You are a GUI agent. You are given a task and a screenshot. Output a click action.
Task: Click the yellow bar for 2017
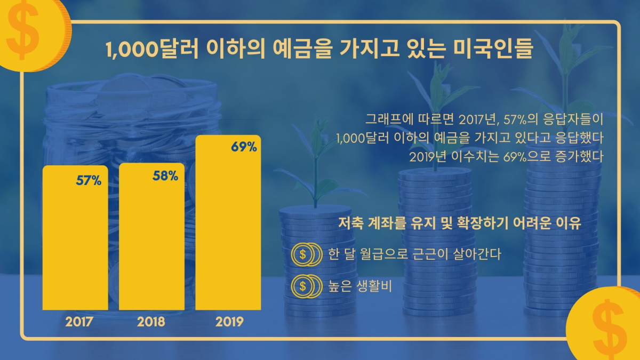point(75,238)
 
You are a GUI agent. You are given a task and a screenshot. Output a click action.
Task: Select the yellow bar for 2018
point(151,237)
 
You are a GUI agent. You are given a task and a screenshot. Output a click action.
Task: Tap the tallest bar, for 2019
point(228,222)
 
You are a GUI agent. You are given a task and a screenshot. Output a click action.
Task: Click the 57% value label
point(89,181)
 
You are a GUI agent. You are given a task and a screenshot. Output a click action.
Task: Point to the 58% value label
point(165,175)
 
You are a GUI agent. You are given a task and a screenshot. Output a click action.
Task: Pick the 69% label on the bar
point(244,147)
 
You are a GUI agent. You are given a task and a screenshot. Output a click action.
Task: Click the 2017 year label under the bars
point(79,322)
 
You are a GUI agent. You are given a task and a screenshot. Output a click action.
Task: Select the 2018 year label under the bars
point(151,322)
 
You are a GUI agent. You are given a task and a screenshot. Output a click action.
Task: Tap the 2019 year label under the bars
point(229,322)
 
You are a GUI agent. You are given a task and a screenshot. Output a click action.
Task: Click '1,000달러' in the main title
point(152,49)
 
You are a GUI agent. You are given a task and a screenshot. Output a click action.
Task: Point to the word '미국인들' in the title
point(493,49)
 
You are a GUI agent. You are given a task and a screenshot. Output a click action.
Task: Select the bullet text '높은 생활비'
point(359,286)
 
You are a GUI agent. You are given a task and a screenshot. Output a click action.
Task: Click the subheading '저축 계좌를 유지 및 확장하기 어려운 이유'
point(459,223)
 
